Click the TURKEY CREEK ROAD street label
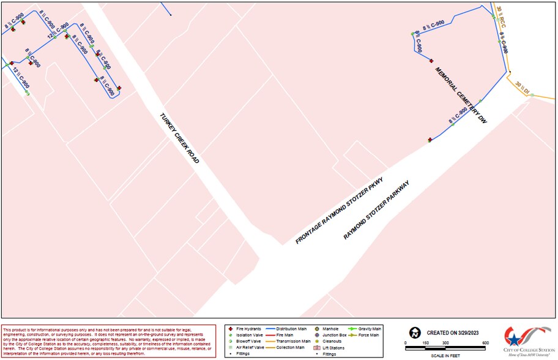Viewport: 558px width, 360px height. click(x=180, y=138)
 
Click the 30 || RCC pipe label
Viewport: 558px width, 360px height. click(x=500, y=17)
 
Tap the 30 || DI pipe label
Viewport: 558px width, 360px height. click(x=522, y=87)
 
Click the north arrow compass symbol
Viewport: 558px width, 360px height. click(x=415, y=333)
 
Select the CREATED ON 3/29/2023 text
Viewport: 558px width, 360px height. click(x=453, y=332)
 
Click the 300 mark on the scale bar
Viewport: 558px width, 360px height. click(x=445, y=343)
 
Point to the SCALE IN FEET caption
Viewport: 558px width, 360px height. click(x=446, y=354)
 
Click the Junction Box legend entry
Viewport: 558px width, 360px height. click(x=330, y=335)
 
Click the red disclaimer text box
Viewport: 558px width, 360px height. click(x=109, y=340)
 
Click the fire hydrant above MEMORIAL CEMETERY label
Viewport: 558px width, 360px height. click(x=431, y=61)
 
